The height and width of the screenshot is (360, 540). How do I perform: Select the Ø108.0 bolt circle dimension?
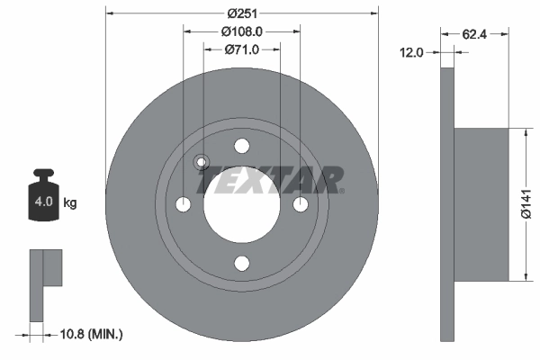[241, 31]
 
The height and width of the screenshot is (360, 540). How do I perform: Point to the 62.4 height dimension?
[475, 36]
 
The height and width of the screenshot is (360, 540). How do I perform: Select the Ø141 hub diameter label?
[526, 205]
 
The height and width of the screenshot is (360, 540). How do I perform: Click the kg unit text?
[70, 202]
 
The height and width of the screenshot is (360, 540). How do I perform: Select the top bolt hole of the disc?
[241, 147]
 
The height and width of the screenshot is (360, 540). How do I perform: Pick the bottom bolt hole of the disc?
[241, 263]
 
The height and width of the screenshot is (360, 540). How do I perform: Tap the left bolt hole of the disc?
[184, 205]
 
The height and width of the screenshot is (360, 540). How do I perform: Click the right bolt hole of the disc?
[300, 205]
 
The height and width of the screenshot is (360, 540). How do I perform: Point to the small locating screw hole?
[202, 163]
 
